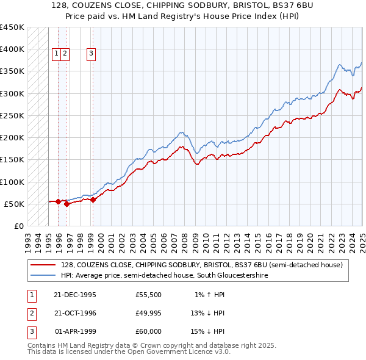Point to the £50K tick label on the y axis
[15, 204]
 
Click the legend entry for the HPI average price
[164, 276]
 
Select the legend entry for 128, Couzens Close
[201, 265]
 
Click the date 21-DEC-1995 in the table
[75, 295]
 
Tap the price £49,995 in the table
[149, 314]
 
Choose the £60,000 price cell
[149, 332]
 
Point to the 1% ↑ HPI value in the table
[209, 295]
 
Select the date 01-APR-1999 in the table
[75, 332]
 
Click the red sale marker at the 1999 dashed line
[93, 200]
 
